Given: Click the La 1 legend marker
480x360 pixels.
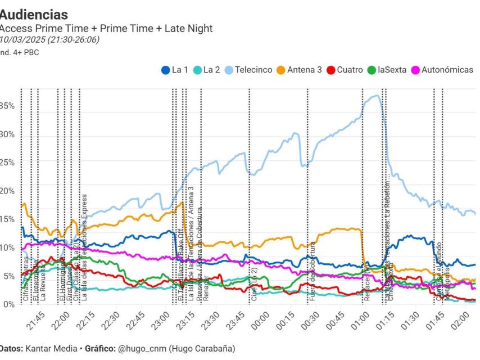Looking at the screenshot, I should (x=165, y=70).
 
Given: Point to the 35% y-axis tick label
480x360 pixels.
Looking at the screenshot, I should (x=7, y=106).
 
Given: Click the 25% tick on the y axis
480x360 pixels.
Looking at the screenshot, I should (x=7, y=163).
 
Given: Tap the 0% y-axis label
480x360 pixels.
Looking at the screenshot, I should (x=8, y=304).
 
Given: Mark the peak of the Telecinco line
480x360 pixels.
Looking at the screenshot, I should (x=377, y=96).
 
